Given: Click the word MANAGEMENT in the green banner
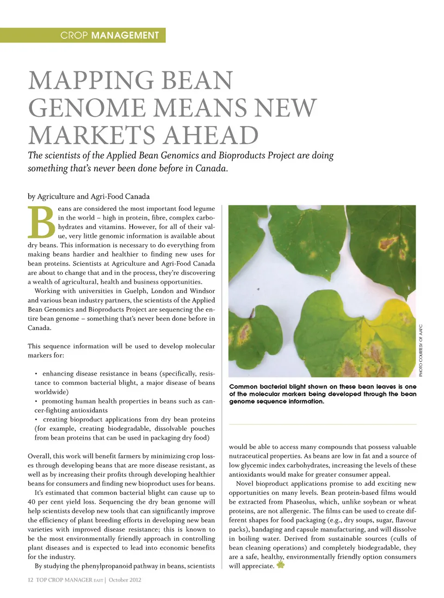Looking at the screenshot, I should pos(125,35).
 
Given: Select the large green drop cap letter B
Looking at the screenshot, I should pos(42,222).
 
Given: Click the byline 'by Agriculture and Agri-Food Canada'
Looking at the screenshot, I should pos(88,196).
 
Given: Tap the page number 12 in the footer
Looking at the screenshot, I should pos(31,580).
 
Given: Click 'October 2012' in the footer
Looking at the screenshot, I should pos(125,580).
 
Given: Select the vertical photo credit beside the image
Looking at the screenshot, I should pos(421,350).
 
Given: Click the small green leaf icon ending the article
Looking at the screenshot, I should pos(280,565).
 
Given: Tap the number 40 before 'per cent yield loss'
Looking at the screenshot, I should pos(31,502).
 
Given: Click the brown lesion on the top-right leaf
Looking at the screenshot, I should pos(388,241).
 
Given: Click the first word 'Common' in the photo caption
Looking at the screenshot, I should pos(243,387).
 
